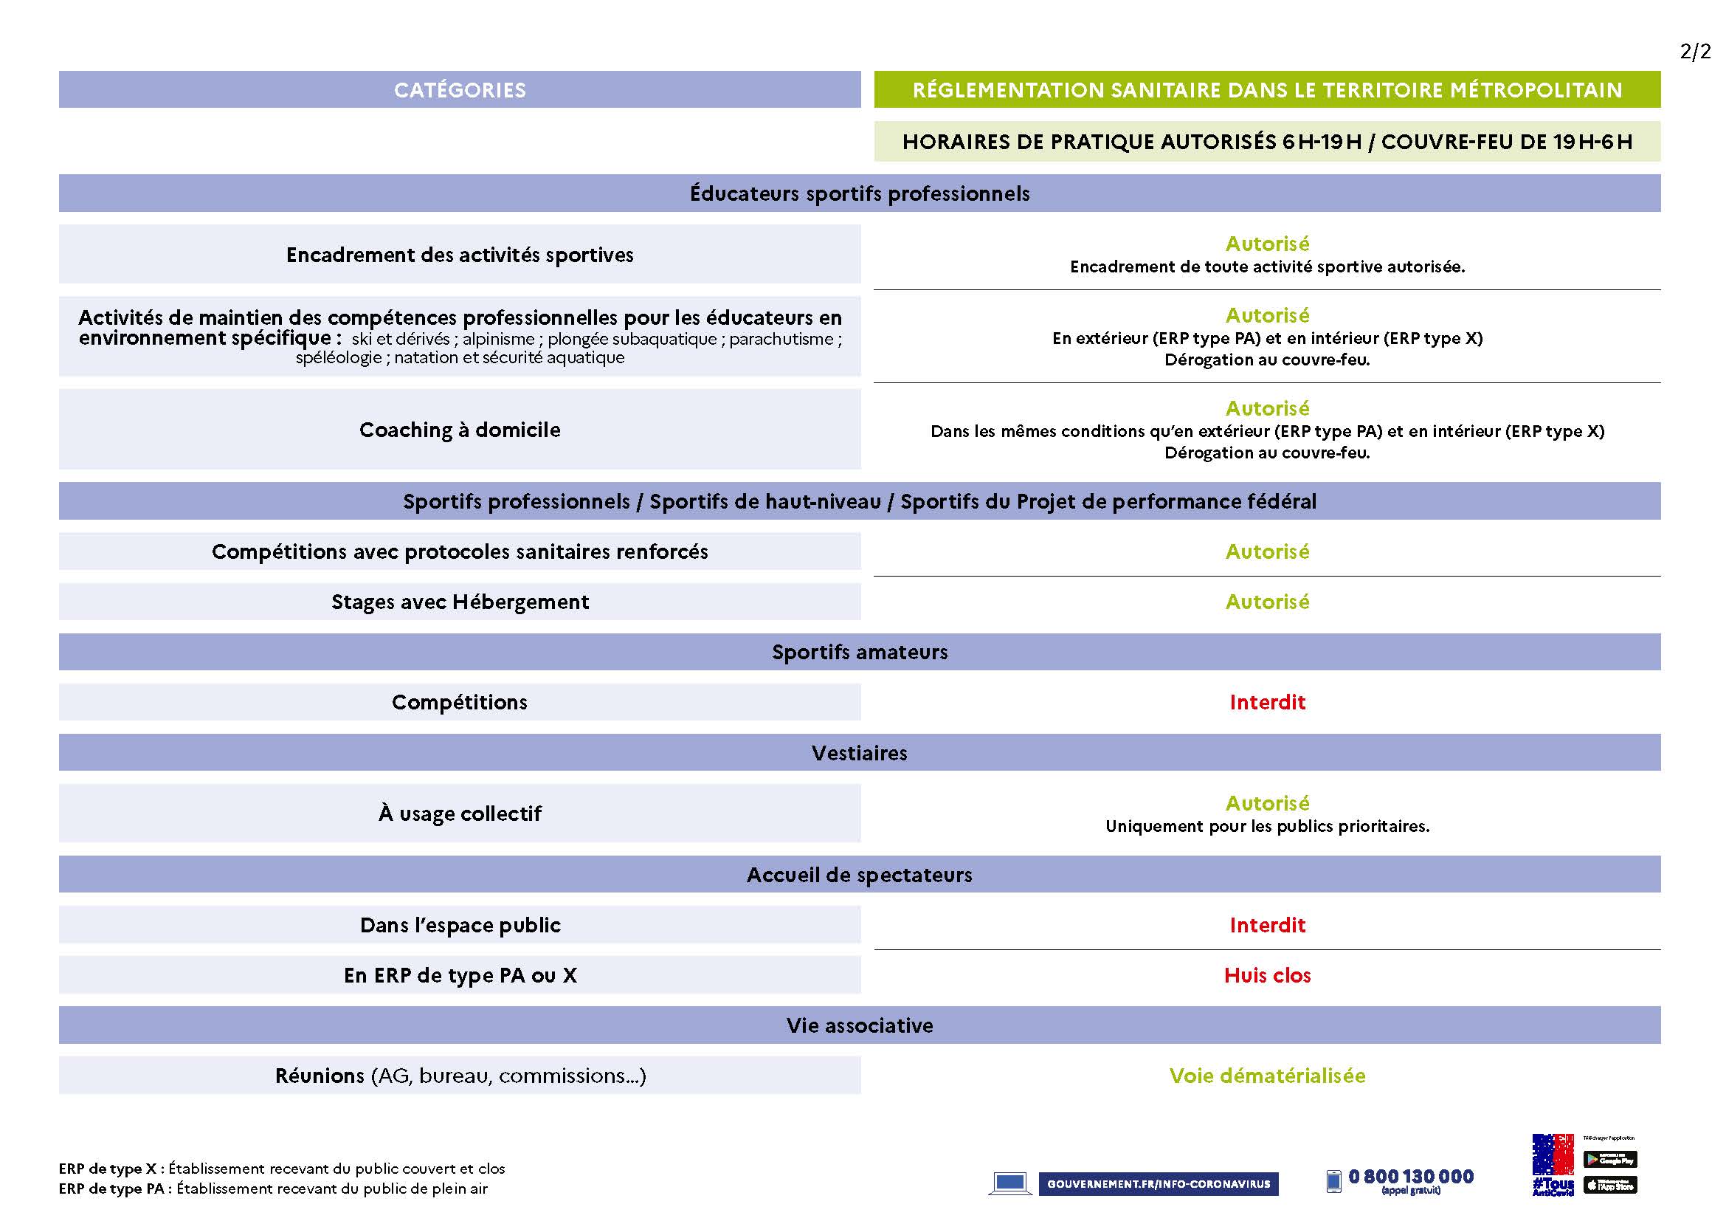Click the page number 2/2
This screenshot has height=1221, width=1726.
tap(1695, 52)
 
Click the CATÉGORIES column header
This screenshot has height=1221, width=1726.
tap(459, 90)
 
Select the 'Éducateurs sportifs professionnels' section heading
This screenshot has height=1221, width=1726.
tap(859, 194)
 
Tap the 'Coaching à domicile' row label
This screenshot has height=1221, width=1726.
tap(459, 430)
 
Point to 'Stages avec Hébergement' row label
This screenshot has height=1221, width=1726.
tap(459, 602)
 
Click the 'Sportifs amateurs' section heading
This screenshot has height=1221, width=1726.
tap(859, 653)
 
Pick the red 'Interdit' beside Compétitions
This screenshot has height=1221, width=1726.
tap(1267, 702)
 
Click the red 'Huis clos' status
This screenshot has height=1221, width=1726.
tap(1267, 976)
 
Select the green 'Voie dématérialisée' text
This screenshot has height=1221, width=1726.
tap(1267, 1076)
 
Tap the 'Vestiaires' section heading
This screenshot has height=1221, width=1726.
tap(859, 754)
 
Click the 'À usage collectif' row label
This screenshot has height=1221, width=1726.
tap(459, 814)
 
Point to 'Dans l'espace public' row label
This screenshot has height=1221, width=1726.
tap(459, 926)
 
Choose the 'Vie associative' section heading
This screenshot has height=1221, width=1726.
tap(859, 1025)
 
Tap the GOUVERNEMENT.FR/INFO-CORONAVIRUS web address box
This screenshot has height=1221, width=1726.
tap(1158, 1184)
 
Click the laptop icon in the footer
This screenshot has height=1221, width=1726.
tap(1009, 1183)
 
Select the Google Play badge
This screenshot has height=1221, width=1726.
tap(1610, 1159)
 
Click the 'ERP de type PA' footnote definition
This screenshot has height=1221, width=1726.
tap(273, 1189)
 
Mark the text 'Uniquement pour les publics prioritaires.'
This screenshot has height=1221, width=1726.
tap(1267, 826)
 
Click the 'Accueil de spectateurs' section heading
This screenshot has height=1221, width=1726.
tap(859, 876)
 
